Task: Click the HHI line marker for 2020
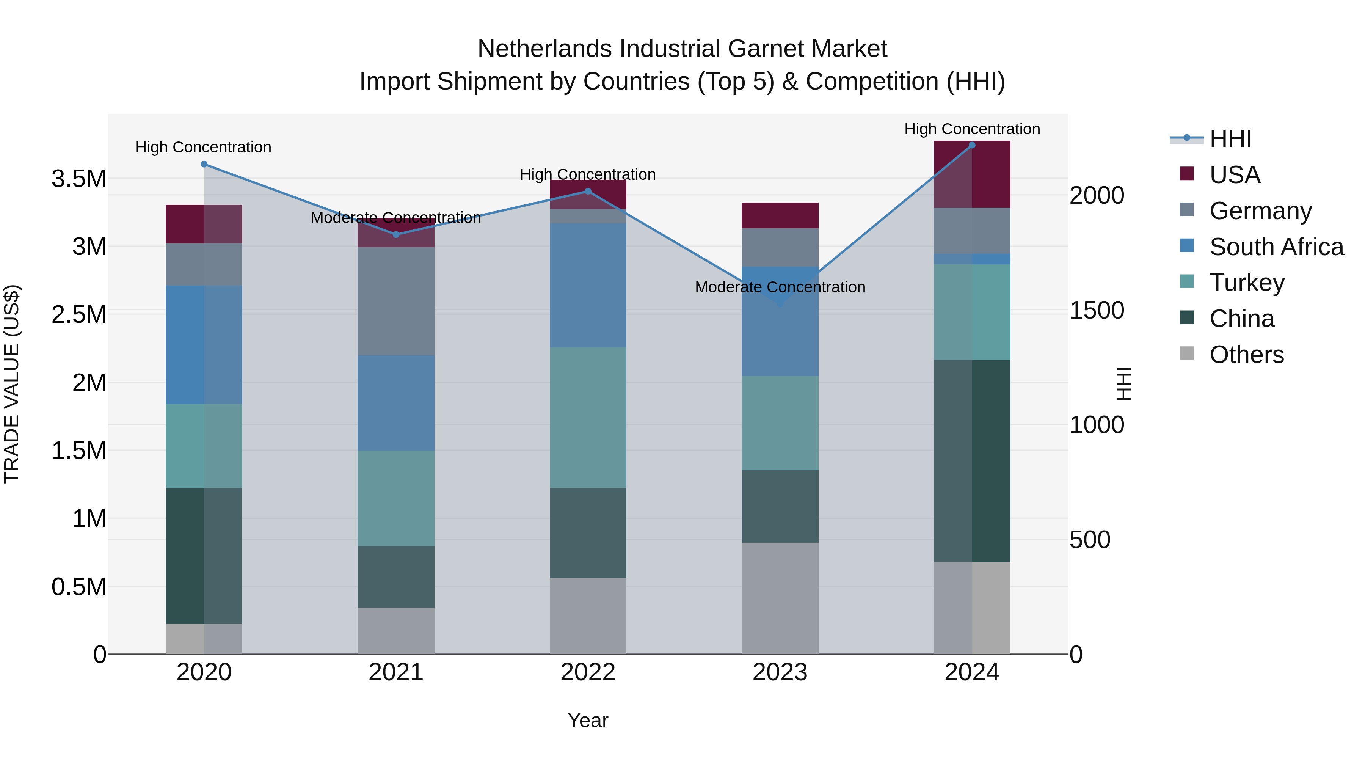(204, 164)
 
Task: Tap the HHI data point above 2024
(972, 145)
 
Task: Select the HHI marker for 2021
(396, 234)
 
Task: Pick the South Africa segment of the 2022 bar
(588, 285)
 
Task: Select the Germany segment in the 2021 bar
(396, 301)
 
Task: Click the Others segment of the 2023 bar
(780, 598)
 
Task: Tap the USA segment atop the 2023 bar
(780, 215)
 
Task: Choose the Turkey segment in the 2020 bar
(204, 446)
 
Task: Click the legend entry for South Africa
(1276, 247)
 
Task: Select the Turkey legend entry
(1246, 283)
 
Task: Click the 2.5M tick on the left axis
(79, 314)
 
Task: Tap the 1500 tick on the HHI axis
(1096, 311)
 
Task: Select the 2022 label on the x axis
(588, 672)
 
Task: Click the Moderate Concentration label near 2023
(780, 287)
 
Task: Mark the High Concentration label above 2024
(972, 129)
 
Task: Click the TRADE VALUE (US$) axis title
(12, 384)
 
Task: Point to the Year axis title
(588, 720)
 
